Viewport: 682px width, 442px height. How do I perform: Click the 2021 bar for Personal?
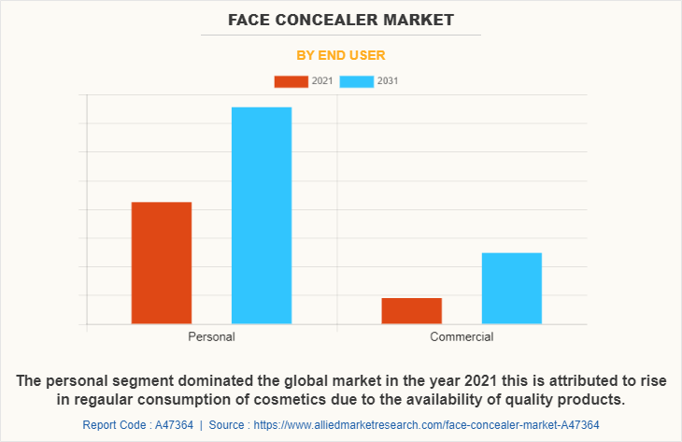[x=162, y=263]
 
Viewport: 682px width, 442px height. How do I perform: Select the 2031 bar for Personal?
[x=262, y=215]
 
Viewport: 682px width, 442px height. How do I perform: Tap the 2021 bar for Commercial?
[x=412, y=310]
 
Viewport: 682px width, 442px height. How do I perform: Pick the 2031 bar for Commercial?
[x=512, y=288]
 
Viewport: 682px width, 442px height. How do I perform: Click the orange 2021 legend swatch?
[x=291, y=81]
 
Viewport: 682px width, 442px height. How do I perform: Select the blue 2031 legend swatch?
[x=356, y=81]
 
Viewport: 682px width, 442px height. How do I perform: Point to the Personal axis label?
[x=211, y=336]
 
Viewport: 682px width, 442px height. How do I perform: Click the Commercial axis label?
[x=462, y=336]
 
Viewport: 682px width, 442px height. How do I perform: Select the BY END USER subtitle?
[x=341, y=55]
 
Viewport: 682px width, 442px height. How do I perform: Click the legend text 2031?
[x=388, y=81]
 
